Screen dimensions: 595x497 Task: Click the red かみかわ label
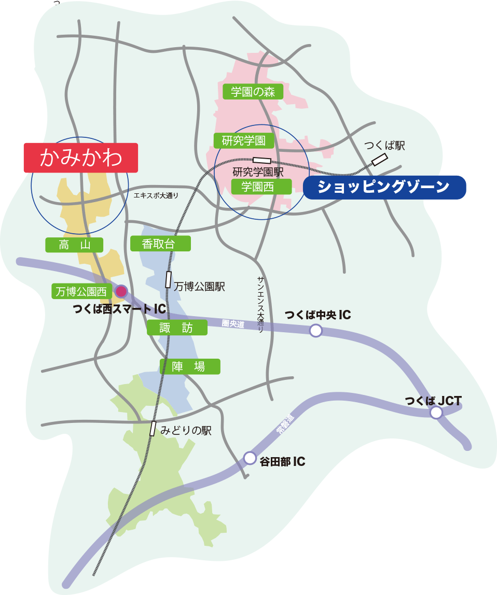(80, 158)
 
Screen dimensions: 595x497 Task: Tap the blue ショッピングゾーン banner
(384, 187)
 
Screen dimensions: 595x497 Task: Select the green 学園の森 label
(253, 92)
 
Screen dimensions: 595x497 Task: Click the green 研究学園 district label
(243, 140)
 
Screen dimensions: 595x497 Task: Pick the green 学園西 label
(257, 186)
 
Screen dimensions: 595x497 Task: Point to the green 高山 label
(74, 245)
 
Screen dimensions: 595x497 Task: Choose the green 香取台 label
(160, 243)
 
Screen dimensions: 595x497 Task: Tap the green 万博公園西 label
(80, 291)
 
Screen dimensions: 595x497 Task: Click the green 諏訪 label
(176, 327)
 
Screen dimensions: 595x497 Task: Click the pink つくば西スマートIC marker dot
(121, 291)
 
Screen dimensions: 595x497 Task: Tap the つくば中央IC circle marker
(315, 330)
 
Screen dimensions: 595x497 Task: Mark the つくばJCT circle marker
(436, 413)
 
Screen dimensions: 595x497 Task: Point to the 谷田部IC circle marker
(250, 458)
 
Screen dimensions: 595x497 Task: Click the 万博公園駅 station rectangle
(168, 279)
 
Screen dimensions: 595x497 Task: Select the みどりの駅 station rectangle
(153, 429)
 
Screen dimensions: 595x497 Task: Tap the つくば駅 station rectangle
(380, 160)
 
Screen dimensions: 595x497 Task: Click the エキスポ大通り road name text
(156, 195)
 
